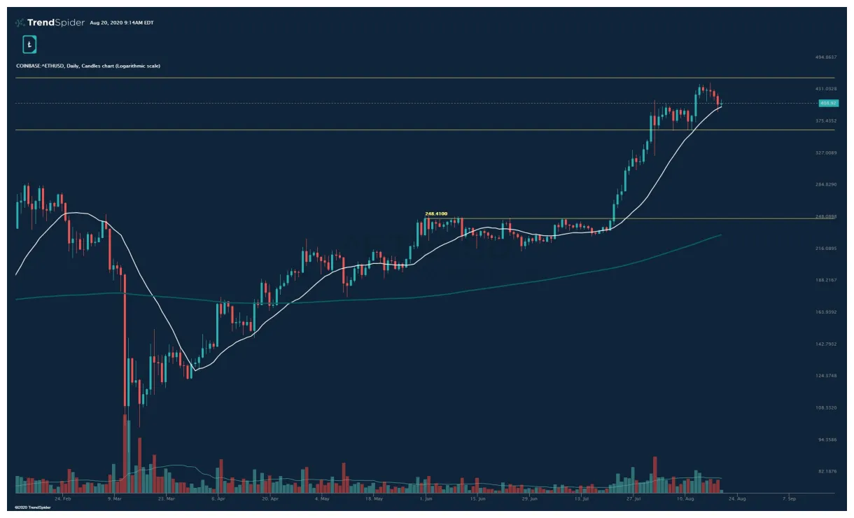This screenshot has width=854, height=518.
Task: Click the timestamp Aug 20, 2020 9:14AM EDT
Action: click(122, 23)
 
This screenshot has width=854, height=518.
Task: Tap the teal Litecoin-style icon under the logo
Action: click(29, 45)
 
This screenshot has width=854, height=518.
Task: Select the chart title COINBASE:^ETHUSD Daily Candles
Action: click(88, 66)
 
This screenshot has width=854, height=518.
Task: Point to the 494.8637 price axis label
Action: click(827, 57)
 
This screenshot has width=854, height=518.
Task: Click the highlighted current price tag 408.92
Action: click(827, 104)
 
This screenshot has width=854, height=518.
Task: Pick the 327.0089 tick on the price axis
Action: click(827, 153)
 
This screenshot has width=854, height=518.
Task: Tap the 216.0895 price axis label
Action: click(827, 248)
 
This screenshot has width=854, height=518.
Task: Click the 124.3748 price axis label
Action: click(827, 376)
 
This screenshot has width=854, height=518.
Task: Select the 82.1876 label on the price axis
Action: click(827, 472)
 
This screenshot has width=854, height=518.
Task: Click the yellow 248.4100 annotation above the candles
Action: click(436, 213)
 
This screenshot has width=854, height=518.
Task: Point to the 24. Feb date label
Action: click(63, 499)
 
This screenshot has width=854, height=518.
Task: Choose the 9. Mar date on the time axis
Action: click(115, 499)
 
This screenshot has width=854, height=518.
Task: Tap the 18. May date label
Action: click(374, 499)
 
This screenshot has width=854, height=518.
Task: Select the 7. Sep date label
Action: click(790, 499)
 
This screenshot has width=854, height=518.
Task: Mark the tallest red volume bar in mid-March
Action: click(126, 455)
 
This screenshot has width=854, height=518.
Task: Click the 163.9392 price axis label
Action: click(827, 312)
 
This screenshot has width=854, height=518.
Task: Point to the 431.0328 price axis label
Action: click(827, 89)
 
